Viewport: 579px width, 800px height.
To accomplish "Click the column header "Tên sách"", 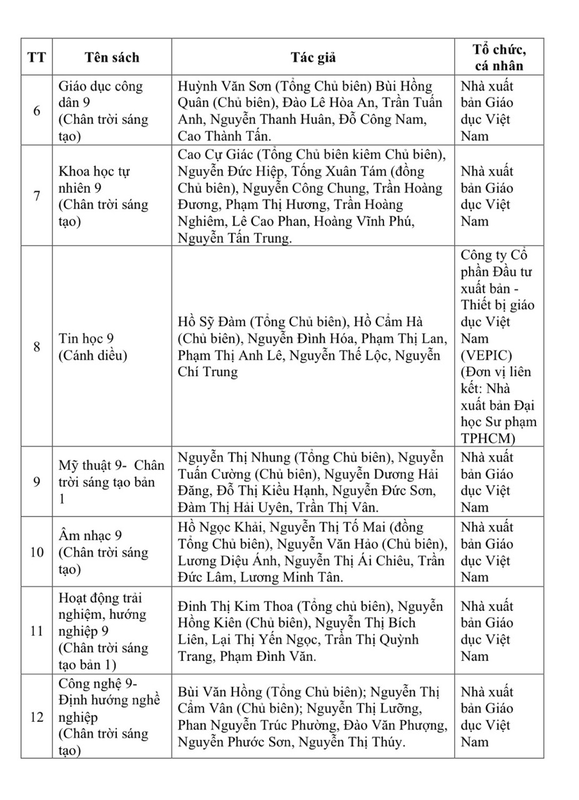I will pyautogui.click(x=112, y=57).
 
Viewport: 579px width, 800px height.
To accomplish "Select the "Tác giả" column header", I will pyautogui.click(x=313, y=57).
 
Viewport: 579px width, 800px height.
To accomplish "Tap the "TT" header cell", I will pyautogui.click(x=37, y=57).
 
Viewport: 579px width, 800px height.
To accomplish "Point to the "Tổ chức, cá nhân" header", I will pyautogui.click(x=498, y=57).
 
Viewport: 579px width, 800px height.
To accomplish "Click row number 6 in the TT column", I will pyautogui.click(x=37, y=111).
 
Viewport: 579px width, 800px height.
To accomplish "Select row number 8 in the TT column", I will pyautogui.click(x=37, y=347).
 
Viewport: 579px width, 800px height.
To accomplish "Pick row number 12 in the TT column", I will pyautogui.click(x=37, y=717).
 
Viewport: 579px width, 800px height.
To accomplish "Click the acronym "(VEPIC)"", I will pyautogui.click(x=486, y=355).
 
